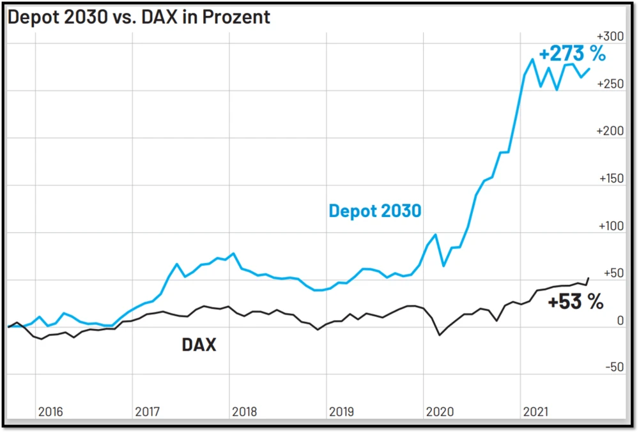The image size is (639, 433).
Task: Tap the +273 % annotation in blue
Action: (x=571, y=54)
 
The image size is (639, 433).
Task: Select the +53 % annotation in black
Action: (x=575, y=302)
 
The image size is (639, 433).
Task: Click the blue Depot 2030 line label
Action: (x=375, y=210)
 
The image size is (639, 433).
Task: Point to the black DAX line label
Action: (x=199, y=346)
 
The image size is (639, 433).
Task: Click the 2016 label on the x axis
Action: (x=51, y=412)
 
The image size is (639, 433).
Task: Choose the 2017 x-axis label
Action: (x=148, y=412)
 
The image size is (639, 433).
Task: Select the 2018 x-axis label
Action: (x=245, y=412)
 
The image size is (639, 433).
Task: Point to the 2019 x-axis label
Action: (x=342, y=412)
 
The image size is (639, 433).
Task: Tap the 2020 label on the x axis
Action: (x=439, y=412)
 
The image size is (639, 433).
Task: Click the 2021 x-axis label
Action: (x=536, y=412)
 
